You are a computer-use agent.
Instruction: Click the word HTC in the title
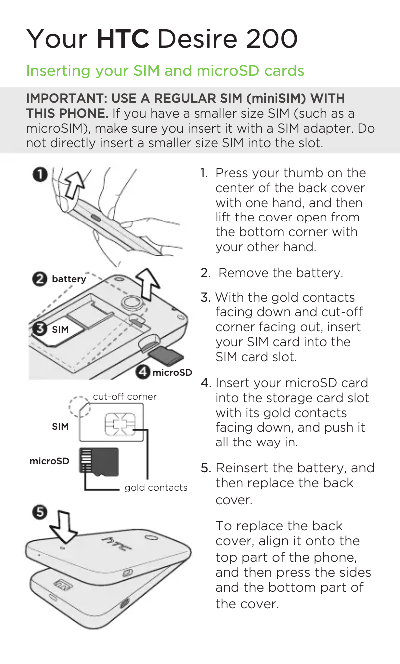click(123, 39)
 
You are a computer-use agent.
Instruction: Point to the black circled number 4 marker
click(144, 372)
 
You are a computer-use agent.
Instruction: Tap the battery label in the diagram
click(69, 279)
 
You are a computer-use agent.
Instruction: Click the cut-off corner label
click(125, 397)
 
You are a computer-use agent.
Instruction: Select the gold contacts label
click(156, 488)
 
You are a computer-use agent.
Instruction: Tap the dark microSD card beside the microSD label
click(100, 461)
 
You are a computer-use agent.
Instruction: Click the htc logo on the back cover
click(117, 544)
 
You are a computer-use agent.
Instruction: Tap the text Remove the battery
click(281, 273)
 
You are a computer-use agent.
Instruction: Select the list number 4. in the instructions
click(207, 383)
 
